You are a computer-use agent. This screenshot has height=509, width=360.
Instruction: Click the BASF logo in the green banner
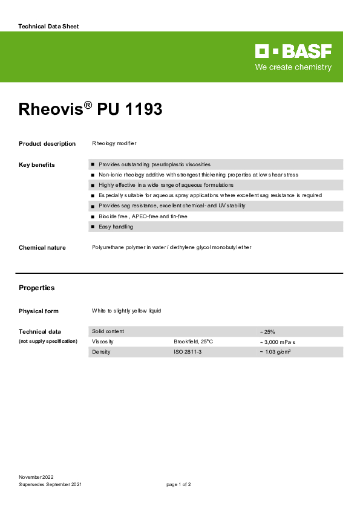click(293, 51)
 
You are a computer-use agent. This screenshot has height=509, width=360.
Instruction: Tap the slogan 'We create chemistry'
click(293, 67)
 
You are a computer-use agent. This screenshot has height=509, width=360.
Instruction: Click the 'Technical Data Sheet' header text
click(49, 27)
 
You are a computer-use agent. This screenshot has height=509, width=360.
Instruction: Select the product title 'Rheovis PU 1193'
click(91, 109)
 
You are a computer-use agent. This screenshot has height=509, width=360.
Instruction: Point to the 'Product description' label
click(47, 144)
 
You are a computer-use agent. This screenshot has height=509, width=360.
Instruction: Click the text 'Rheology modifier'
click(114, 143)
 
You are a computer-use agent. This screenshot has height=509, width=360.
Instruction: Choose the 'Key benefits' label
click(37, 165)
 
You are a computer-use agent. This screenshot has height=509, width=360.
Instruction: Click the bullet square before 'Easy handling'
click(93, 227)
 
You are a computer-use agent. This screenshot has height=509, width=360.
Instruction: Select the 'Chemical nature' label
click(42, 248)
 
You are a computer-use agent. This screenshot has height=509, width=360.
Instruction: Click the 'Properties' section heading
click(37, 288)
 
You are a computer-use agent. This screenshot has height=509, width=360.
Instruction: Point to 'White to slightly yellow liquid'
click(126, 311)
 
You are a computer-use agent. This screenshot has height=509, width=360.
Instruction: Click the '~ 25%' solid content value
click(267, 332)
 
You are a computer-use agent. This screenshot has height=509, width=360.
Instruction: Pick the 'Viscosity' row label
click(103, 342)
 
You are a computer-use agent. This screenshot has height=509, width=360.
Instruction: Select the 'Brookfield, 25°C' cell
click(194, 342)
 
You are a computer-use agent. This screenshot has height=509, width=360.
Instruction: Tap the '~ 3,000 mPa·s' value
click(278, 342)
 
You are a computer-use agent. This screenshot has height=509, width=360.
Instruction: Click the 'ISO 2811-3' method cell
click(188, 352)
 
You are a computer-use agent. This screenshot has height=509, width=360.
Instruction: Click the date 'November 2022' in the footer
click(37, 478)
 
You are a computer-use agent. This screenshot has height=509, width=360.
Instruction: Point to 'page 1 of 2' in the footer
click(179, 485)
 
